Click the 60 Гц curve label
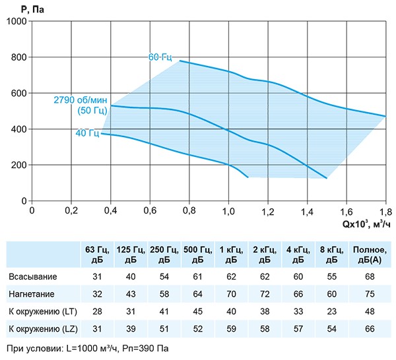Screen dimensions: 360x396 coord(160,57)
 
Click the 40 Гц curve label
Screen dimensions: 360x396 coord(87,133)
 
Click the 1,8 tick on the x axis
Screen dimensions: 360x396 coord(385,212)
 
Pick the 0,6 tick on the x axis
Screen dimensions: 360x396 coord(150,212)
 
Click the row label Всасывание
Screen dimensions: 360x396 coord(32,276)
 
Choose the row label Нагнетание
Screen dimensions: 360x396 coord(32,293)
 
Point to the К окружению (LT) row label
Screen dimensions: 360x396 coord(42,310)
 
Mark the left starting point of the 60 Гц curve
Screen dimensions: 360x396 coord(180,61)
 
